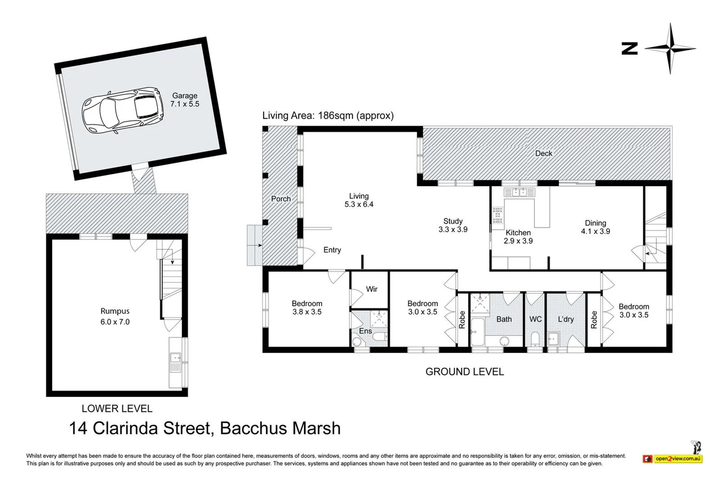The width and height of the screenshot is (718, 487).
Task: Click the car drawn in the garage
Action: click(122, 110)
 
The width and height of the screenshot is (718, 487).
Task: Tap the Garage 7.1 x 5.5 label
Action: click(185, 100)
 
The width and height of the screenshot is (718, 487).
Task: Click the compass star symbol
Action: click(670, 48)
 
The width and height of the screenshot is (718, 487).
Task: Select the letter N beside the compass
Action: click(630, 48)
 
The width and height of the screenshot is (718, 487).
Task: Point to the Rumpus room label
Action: click(115, 316)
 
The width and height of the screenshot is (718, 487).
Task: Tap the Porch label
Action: click(281, 199)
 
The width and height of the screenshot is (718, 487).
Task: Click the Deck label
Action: click(544, 153)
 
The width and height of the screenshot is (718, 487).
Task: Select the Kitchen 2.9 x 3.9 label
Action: click(518, 237)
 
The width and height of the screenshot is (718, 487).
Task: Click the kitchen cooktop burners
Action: click(498, 215)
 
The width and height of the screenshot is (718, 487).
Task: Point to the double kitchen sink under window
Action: click(520, 193)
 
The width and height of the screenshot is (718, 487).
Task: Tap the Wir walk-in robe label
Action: click(372, 289)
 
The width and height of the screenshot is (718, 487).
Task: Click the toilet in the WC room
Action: click(535, 338)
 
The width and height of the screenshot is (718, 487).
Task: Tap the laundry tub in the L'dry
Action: click(553, 338)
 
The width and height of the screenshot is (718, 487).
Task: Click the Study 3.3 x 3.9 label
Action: click(453, 225)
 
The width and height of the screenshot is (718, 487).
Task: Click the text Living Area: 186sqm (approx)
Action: click(328, 115)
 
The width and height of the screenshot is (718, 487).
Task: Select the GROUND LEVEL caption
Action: click(464, 372)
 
